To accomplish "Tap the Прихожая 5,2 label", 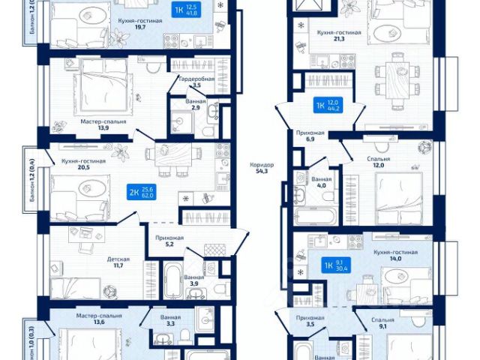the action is coord(168,241).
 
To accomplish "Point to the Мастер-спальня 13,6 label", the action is coord(98,320).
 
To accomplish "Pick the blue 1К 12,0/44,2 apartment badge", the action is coord(328,106).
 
